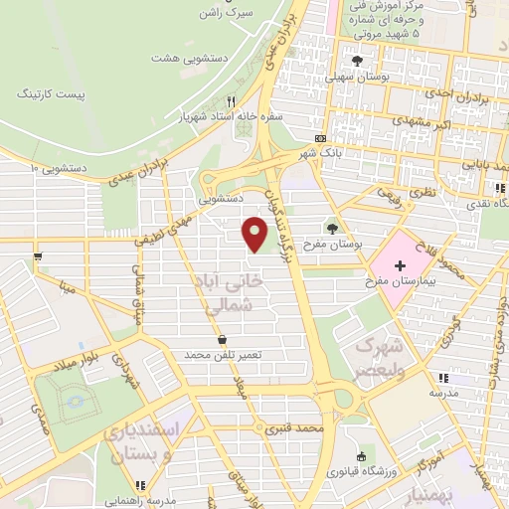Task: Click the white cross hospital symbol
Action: pyautogui.click(x=400, y=265)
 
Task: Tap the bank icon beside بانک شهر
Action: pyautogui.click(x=320, y=137)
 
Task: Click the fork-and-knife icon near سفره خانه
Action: pyautogui.click(x=231, y=100)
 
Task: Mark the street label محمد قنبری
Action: pyautogui.click(x=302, y=428)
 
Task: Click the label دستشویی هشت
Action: pyautogui.click(x=190, y=57)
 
